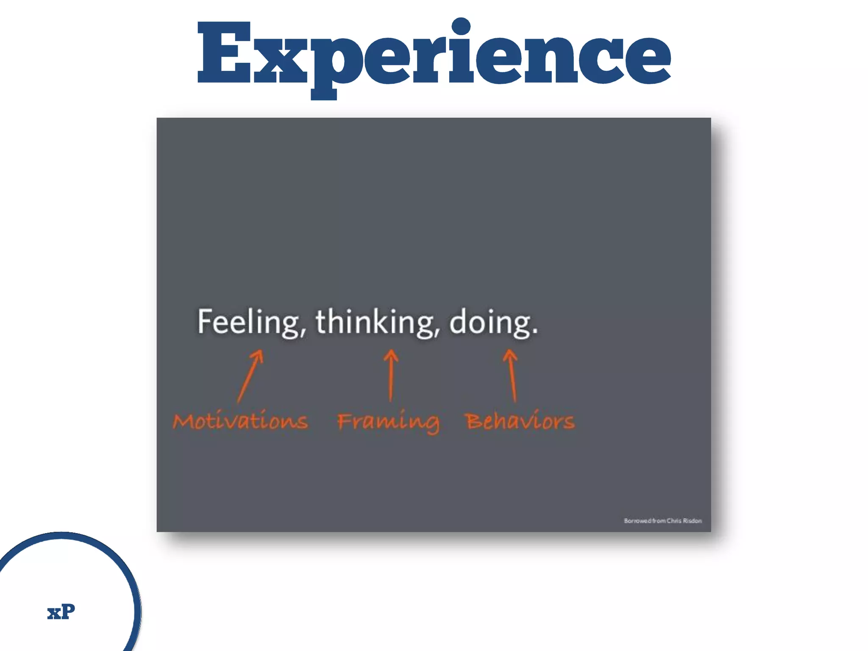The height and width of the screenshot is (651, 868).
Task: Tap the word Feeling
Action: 248,322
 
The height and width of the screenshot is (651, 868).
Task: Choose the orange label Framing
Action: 388,422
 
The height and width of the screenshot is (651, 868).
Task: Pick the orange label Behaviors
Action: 520,421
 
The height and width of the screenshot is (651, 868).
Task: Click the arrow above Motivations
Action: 250,376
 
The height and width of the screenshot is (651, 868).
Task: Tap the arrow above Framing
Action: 391,375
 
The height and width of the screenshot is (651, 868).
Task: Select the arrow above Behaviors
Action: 512,375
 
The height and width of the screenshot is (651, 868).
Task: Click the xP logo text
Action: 61,612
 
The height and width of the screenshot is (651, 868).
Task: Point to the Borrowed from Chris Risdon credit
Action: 662,520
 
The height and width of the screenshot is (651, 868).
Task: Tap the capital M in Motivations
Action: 183,422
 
